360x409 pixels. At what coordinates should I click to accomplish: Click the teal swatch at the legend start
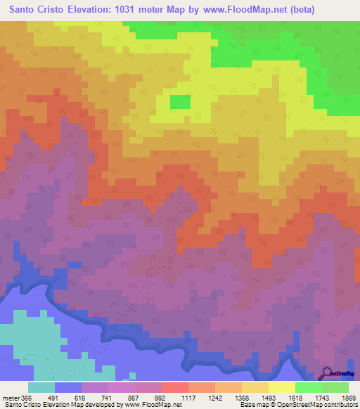(x=41, y=387)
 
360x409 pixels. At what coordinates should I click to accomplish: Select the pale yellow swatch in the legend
(x=281, y=387)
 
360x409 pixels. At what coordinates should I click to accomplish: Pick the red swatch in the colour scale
(x=174, y=387)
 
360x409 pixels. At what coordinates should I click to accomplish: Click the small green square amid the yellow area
(x=180, y=102)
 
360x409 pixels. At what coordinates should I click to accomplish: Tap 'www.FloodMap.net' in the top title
(x=236, y=9)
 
